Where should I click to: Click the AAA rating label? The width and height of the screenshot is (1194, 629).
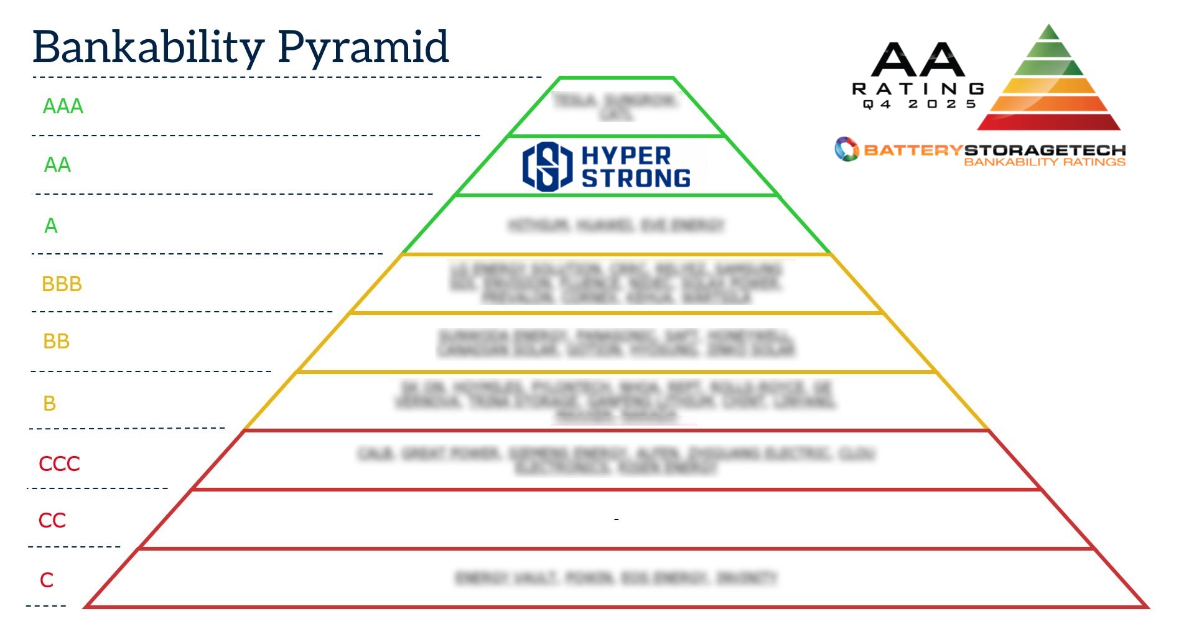pos(63,106)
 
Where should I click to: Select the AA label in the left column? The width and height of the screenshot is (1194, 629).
pos(57,165)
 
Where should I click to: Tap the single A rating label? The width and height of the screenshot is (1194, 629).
pos(51,225)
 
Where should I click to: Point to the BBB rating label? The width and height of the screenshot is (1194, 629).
pos(62,284)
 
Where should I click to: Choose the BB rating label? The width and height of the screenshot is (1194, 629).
pos(56,342)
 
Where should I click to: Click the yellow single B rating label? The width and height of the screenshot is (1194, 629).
pos(50,404)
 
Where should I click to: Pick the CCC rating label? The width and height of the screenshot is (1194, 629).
pos(59,464)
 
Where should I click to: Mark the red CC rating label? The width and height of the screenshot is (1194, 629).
pos(52,521)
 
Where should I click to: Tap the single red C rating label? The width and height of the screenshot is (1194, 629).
pos(47,580)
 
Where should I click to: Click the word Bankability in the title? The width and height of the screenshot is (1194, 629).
pos(148,47)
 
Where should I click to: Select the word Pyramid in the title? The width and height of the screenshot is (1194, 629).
pos(363,47)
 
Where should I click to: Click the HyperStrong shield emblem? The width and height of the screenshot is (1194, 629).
pos(547,166)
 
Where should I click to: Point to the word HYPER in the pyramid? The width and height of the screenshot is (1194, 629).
pos(626,156)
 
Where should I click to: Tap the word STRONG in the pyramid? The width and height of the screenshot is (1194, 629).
pos(636,179)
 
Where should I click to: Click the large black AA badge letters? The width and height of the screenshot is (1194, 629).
pos(918,60)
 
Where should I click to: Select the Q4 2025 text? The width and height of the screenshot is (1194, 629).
pos(919,105)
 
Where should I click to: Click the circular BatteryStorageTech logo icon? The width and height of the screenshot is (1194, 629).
pos(846,149)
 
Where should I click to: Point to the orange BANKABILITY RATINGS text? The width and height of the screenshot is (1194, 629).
pos(1045,162)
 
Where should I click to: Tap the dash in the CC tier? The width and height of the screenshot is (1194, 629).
pos(616,519)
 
